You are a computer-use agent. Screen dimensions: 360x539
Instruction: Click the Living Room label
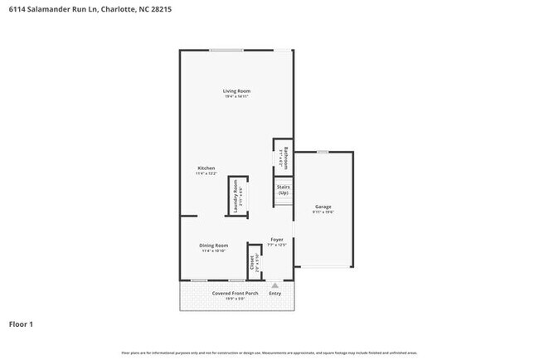(236, 90)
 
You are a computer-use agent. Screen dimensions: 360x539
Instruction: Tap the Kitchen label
(206, 168)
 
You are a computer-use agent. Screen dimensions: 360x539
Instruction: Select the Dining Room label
(214, 246)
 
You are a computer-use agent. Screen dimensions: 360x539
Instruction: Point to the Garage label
(323, 207)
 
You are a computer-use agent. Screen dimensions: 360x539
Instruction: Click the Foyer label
(276, 239)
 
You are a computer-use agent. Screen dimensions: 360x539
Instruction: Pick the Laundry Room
(236, 197)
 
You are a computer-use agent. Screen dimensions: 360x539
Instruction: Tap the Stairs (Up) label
(283, 190)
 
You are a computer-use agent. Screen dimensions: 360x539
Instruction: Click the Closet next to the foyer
(251, 263)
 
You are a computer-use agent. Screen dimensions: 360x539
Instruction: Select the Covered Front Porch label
(235, 293)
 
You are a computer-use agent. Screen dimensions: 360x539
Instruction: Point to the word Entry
(275, 293)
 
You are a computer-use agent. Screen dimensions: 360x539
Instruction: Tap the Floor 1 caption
(21, 324)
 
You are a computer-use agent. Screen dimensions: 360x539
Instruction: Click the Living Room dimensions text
(236, 96)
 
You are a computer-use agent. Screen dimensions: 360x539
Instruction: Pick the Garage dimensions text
(323, 212)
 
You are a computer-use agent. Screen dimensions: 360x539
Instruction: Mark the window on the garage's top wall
(322, 152)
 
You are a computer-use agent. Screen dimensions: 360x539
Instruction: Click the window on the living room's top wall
(226, 51)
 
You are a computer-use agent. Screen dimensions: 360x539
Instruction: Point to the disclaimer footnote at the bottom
(269, 353)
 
